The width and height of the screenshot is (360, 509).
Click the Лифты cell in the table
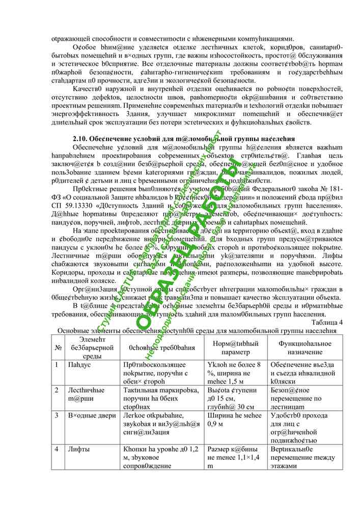(79, 450)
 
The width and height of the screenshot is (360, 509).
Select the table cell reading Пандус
(81, 365)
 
